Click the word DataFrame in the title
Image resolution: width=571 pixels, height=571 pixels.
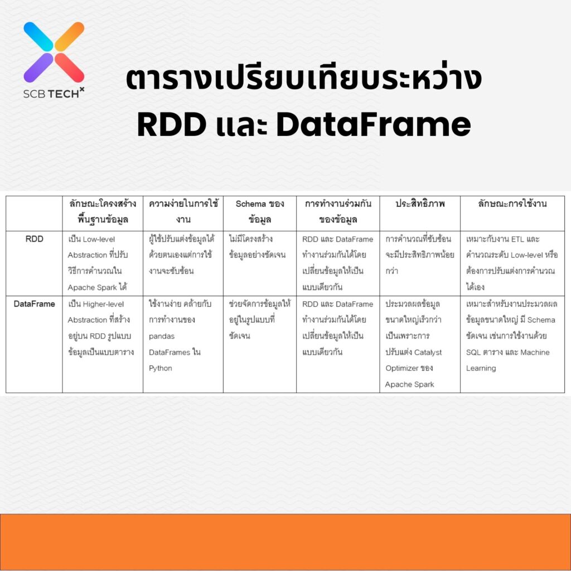(x=374, y=125)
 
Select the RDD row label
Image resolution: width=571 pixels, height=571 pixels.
(x=34, y=239)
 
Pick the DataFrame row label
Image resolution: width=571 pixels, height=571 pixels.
(x=34, y=304)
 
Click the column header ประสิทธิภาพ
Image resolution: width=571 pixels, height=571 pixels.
(x=419, y=204)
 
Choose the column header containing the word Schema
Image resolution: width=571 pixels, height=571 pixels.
(x=259, y=211)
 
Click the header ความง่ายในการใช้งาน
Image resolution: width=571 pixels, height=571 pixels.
(x=183, y=211)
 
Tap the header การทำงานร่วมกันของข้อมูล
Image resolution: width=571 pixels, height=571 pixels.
(x=337, y=211)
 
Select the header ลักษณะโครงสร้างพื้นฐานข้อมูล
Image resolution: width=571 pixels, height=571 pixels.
(x=103, y=211)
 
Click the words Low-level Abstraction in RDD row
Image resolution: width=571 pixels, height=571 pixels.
(x=92, y=247)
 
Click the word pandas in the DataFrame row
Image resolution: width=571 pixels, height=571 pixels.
(x=162, y=336)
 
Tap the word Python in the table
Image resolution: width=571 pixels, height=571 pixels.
(x=161, y=368)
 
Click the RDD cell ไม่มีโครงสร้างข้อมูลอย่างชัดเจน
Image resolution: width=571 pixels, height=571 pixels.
(x=257, y=247)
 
